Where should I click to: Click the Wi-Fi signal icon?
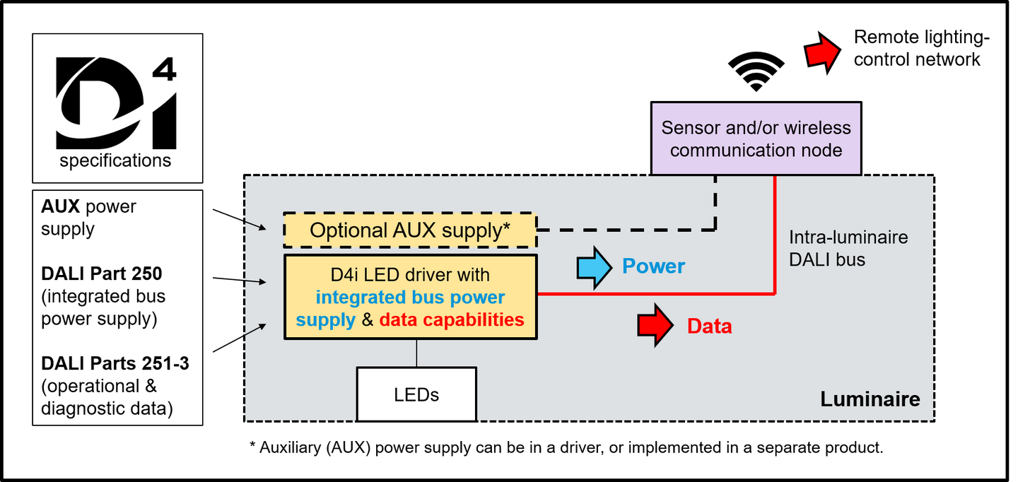coord(756,71)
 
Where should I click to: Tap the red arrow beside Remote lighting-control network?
coord(821,53)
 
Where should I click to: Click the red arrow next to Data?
coord(655,325)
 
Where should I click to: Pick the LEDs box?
coord(416,394)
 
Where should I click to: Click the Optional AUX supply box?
coord(410,230)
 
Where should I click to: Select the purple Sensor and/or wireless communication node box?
coord(756,138)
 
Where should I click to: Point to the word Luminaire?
coord(870,399)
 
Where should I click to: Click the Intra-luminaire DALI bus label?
coord(848,248)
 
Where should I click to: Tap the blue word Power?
coord(653,266)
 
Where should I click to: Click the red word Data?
coord(710,327)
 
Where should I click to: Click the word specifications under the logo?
coord(115,161)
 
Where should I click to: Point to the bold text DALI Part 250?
coord(101,274)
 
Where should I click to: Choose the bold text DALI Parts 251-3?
coord(115,363)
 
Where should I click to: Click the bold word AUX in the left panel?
coord(61,206)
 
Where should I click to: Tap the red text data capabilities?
coord(452,320)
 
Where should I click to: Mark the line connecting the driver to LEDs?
coord(416,353)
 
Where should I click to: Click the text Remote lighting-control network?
coord(922,48)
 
